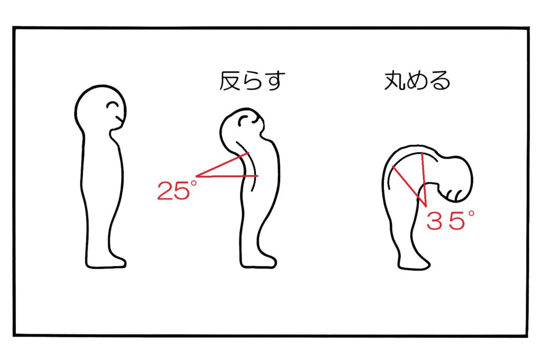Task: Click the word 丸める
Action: [417, 81]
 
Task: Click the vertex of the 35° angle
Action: [426, 207]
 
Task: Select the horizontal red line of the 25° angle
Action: [227, 176]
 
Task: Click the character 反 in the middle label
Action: [230, 81]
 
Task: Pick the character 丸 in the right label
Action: [394, 81]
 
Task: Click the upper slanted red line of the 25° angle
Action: [222, 165]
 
